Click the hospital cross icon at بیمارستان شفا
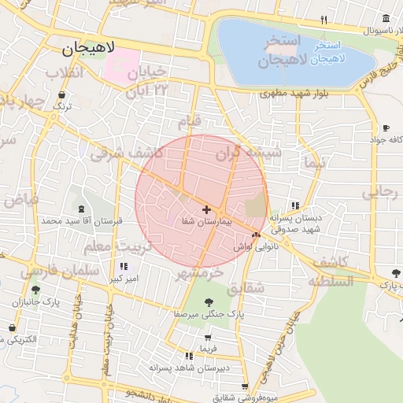(x=206, y=210)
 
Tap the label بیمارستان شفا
(x=206, y=223)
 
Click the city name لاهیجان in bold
(x=88, y=48)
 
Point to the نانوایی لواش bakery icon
(x=255, y=235)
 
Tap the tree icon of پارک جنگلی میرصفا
(x=209, y=301)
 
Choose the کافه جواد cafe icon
(x=386, y=128)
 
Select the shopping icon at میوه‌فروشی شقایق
(x=245, y=386)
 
